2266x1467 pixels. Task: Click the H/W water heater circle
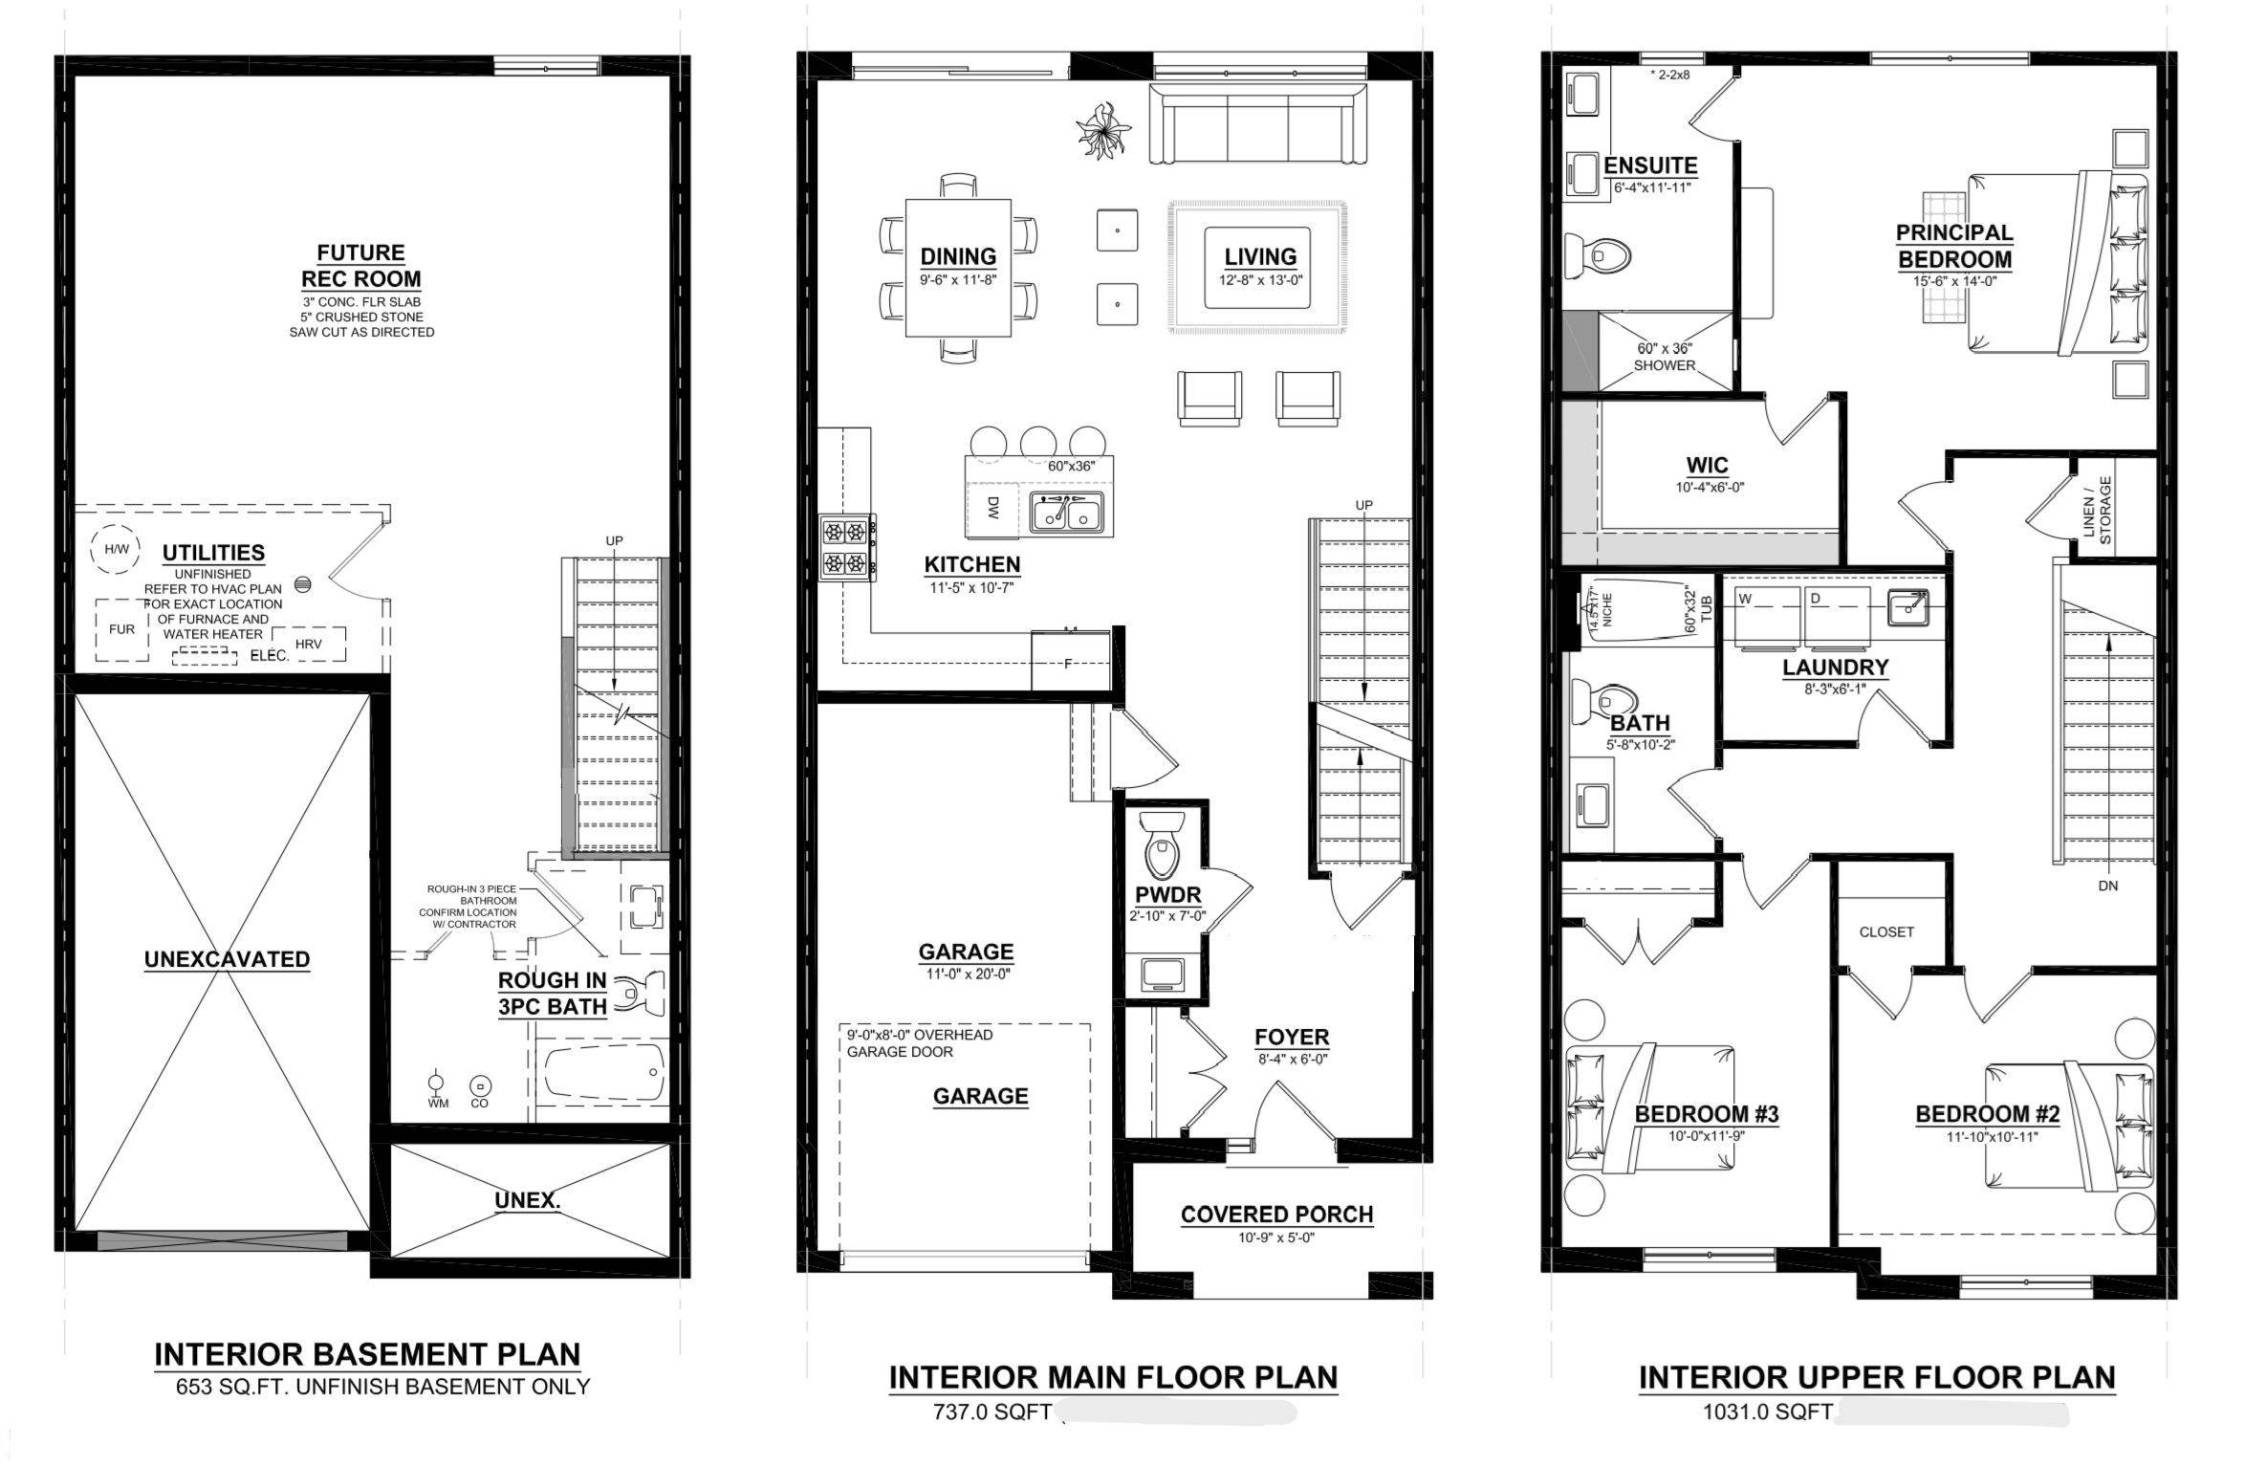point(115,550)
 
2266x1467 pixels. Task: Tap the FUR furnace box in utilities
point(121,630)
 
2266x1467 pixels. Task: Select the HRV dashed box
point(308,644)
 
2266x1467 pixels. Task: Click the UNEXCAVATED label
point(227,959)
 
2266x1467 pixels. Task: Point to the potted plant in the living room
point(1103,129)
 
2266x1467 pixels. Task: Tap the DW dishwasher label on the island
point(992,508)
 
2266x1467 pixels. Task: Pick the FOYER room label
point(1292,1038)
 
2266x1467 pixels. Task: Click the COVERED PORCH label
point(1276,1215)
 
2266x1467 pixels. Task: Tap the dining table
point(958,268)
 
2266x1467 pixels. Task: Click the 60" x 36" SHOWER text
point(1665,357)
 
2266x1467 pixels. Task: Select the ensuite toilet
point(1598,255)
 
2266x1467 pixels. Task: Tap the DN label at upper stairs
point(2108,886)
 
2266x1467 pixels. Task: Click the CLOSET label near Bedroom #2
point(1886,931)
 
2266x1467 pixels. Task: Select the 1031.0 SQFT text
point(1767,1412)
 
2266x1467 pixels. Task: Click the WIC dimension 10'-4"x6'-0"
point(1709,487)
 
